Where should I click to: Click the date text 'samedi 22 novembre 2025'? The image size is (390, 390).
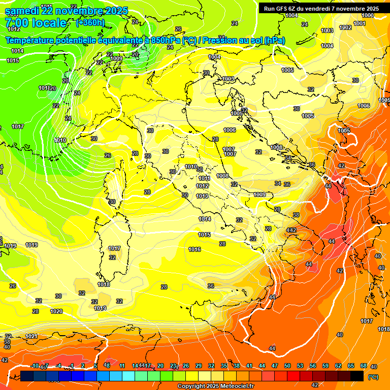66,11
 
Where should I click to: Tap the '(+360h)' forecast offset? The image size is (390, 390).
90,23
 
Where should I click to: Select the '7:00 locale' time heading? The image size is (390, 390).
35,23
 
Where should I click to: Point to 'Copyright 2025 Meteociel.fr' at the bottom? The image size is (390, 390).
215,386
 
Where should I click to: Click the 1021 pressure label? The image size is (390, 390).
31,336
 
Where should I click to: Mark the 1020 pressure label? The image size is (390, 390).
56,311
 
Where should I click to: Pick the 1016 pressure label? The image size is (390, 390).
194,249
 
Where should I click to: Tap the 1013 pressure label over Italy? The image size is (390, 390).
202,196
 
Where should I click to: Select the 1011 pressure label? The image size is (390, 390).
204,178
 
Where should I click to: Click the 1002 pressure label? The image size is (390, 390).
345,27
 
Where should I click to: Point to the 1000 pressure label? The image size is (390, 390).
368,16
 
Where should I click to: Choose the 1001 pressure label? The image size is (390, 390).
360,23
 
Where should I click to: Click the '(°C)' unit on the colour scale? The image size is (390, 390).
373,377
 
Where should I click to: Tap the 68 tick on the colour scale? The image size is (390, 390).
364,366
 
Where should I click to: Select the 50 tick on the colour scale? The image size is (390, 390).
287,366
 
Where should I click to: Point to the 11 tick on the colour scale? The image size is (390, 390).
122,366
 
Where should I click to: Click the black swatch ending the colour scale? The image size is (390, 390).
357,376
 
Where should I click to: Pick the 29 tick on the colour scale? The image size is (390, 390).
199,366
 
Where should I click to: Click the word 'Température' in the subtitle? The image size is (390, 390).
30,40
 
